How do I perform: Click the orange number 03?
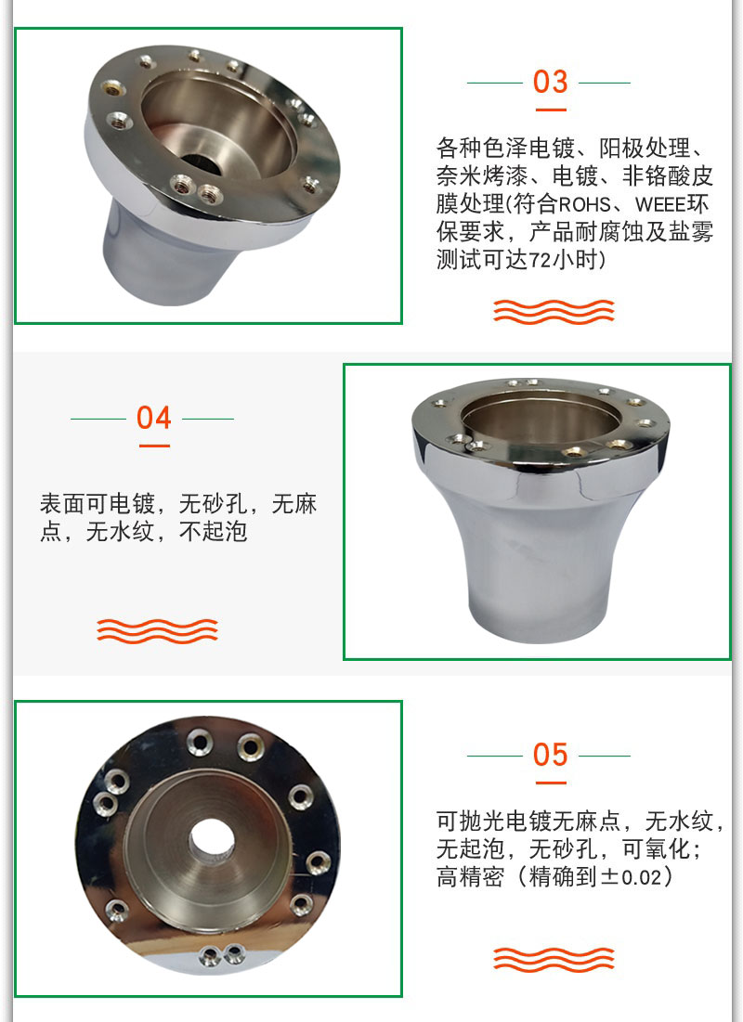550,82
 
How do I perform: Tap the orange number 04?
154,418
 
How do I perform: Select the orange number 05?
550,755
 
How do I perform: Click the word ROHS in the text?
584,204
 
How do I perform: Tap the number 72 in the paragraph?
540,260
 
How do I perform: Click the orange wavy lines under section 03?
554,312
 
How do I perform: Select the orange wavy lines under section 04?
157,631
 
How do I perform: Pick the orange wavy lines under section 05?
554,960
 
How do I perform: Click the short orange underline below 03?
551,110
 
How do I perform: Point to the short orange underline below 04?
154,446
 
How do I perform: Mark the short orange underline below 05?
551,783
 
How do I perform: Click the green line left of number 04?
98,419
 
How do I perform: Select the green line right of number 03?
605,84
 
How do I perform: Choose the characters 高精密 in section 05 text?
470,876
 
